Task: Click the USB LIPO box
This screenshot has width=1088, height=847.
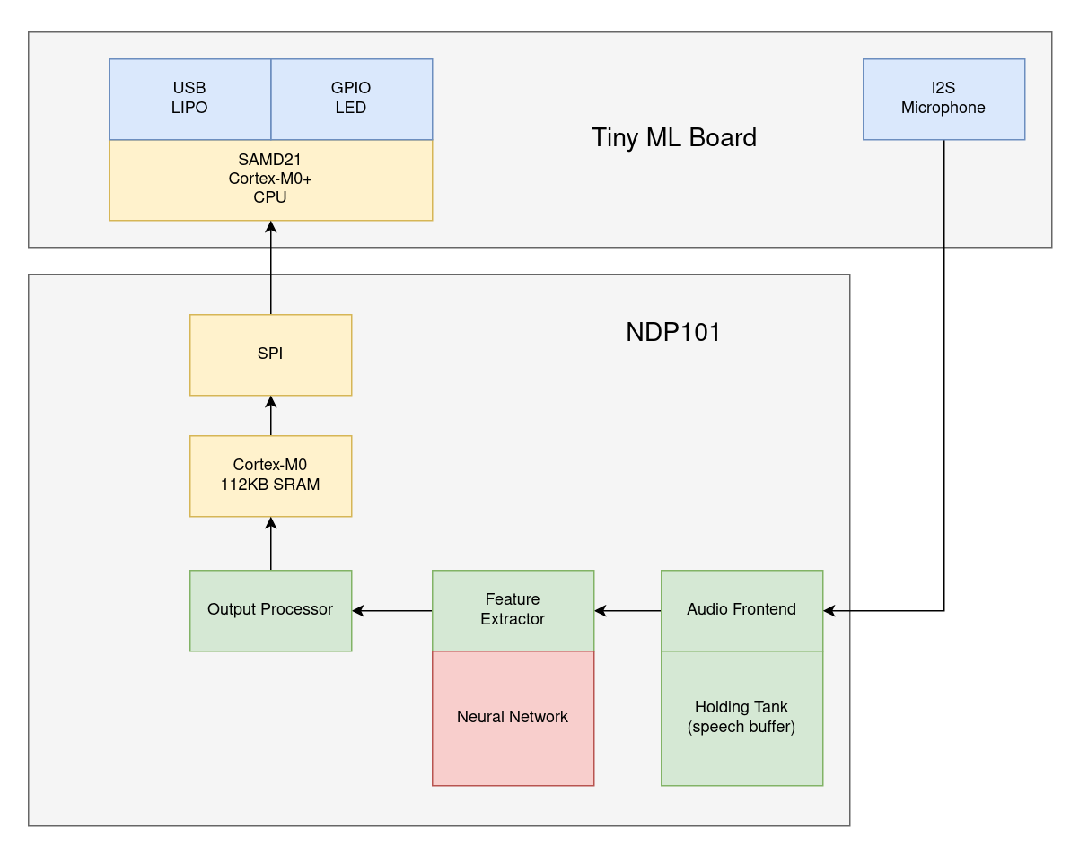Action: coord(189,99)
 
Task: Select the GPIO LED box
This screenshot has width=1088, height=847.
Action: coord(351,99)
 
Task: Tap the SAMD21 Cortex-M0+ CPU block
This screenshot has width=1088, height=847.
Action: coord(270,179)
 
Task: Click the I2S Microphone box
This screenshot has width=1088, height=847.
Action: coord(943,99)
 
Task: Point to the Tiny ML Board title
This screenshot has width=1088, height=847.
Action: coord(673,137)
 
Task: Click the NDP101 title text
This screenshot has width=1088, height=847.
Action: coord(673,333)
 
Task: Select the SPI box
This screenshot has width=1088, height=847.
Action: coord(270,354)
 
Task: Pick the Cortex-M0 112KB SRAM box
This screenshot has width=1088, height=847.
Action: coord(270,476)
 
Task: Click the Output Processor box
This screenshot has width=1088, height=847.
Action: coord(270,610)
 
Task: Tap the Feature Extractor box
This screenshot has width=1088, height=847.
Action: coord(513,610)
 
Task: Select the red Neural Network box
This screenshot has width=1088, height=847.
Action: coord(513,718)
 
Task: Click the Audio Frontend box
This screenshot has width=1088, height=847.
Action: coord(741,610)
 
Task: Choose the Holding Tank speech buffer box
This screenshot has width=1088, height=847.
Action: coord(741,718)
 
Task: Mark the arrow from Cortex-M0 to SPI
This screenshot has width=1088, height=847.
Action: coord(270,415)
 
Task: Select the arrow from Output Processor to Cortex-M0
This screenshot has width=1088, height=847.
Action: coord(270,543)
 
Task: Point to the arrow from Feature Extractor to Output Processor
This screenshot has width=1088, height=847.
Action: coord(392,611)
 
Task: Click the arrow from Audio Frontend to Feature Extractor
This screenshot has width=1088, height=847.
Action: coord(627,611)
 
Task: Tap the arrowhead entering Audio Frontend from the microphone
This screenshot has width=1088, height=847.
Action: coord(829,611)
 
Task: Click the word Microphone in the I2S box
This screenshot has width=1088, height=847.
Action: coord(943,109)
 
